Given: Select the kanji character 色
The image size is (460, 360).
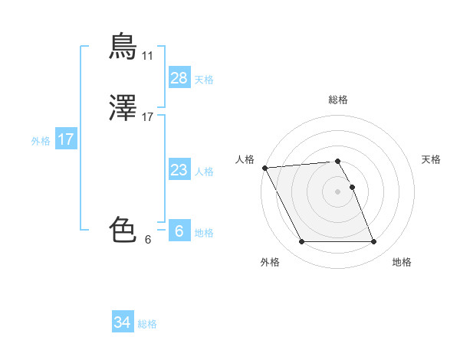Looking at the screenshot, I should tap(123, 229).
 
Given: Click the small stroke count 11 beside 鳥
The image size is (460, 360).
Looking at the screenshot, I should tap(147, 56).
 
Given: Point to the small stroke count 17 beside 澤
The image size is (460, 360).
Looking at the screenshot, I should tap(147, 117).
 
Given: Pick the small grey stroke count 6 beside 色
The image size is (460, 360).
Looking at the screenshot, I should tap(147, 240).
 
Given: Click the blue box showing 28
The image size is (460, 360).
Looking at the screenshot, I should tap(179, 77).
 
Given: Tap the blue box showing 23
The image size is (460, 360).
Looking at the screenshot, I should tap(179, 170).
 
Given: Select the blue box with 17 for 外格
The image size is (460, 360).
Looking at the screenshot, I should tap(66, 139).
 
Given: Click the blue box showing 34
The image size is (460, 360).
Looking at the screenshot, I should tap(122, 322).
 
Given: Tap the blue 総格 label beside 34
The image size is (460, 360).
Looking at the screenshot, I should tap(147, 324).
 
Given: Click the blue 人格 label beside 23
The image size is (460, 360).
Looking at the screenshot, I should tap(204, 172).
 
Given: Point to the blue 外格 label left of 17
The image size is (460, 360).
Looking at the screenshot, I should tap(41, 141).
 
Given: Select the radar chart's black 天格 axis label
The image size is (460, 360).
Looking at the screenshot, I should tap(431, 159).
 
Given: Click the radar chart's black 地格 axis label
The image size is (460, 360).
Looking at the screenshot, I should tap(402, 262).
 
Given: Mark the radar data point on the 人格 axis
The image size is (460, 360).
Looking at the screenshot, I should tap(264, 168).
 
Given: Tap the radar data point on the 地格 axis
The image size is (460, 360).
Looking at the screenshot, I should tap(374, 242).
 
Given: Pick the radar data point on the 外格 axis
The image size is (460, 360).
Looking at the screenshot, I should tap(301, 242).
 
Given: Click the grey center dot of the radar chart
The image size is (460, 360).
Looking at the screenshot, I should tap(337, 191).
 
